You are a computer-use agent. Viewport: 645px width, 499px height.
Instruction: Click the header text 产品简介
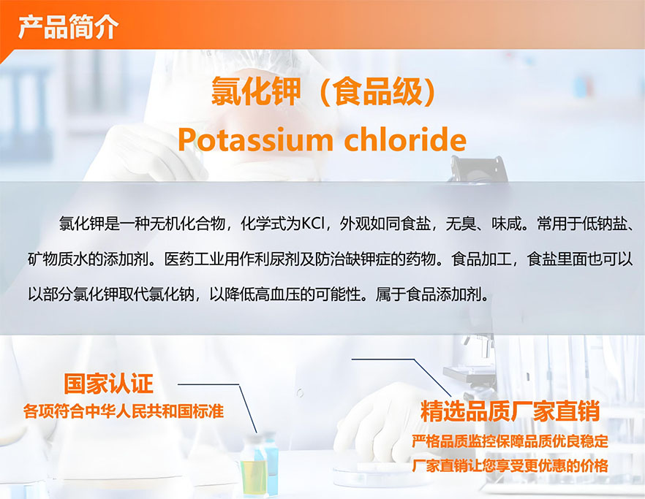(x=68, y=27)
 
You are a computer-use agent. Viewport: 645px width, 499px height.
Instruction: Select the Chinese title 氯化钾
(x=255, y=91)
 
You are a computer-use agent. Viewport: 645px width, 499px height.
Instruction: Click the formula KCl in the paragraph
(x=314, y=224)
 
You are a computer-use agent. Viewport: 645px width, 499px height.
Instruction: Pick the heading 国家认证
(x=108, y=384)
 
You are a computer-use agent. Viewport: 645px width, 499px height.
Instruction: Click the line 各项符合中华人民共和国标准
(x=124, y=411)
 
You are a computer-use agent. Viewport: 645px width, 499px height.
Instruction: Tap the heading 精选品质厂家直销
(x=510, y=411)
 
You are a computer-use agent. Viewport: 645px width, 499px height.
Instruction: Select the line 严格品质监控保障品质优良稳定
(x=510, y=441)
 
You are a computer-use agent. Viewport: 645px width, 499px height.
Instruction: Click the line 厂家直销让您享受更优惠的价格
(x=510, y=465)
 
